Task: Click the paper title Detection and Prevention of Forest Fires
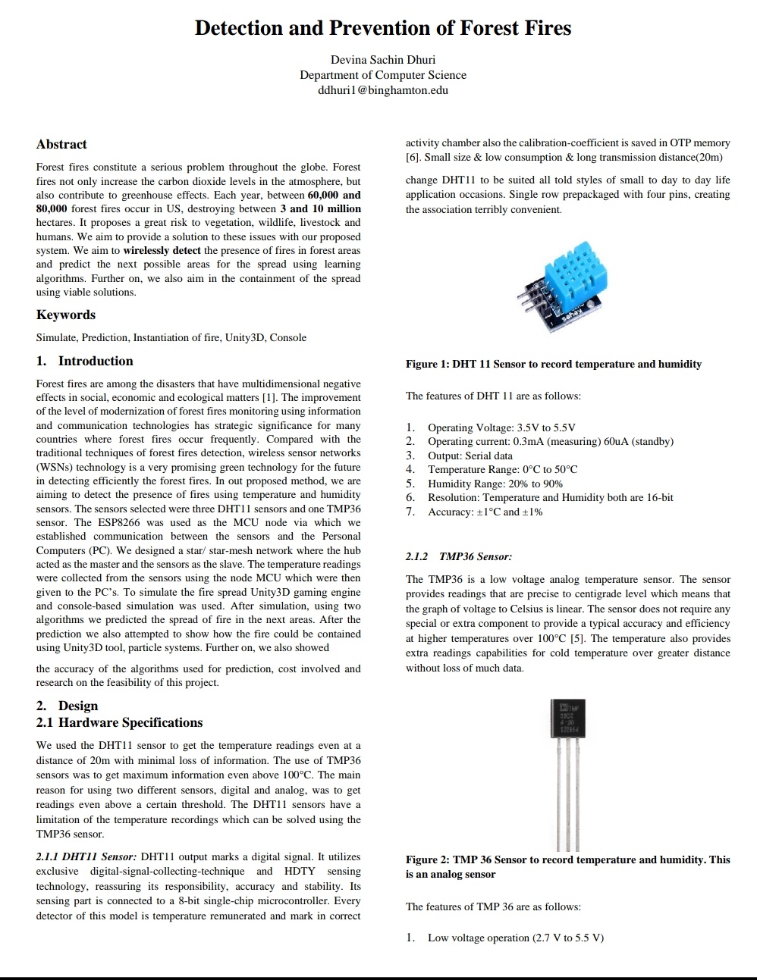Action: tap(382, 28)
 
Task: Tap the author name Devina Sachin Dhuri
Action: tap(382, 60)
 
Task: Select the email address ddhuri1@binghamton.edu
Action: tap(382, 90)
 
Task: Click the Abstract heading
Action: tap(61, 144)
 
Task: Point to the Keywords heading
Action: tap(66, 315)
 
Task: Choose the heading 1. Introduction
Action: tap(85, 361)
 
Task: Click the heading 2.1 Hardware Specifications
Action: tap(120, 722)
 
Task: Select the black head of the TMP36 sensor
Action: tap(567, 717)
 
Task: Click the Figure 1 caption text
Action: tap(553, 364)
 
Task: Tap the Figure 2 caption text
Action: tap(567, 866)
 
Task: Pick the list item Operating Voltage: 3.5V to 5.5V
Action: tap(501, 427)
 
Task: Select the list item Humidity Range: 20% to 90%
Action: tap(495, 484)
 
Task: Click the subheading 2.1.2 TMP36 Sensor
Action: tap(459, 556)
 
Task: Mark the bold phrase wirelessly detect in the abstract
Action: tap(162, 250)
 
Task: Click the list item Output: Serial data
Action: tap(470, 456)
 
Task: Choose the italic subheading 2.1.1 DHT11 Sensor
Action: tap(86, 856)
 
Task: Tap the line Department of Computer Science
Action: tap(382, 75)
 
